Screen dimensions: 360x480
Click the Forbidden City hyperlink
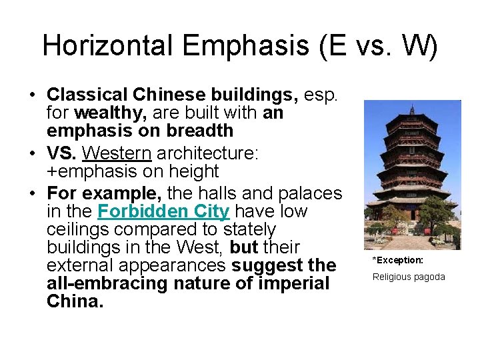(x=163, y=212)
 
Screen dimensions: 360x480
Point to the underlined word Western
(x=117, y=153)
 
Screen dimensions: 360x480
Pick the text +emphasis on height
(x=133, y=171)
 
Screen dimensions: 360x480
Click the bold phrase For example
(x=104, y=193)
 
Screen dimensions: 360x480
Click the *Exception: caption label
(x=397, y=260)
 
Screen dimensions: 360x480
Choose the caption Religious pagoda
(x=408, y=277)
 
